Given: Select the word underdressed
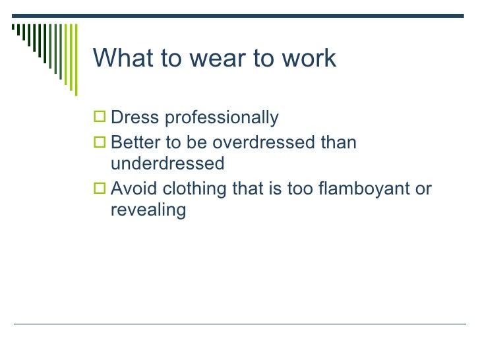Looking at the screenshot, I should pyautogui.click(x=168, y=162).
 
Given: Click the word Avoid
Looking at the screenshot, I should pyautogui.click(x=132, y=189).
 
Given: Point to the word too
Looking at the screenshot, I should pyautogui.click(x=297, y=189).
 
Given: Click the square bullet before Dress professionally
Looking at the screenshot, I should pyautogui.click(x=100, y=119).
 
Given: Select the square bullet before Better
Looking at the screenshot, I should pyautogui.click(x=100, y=141).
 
